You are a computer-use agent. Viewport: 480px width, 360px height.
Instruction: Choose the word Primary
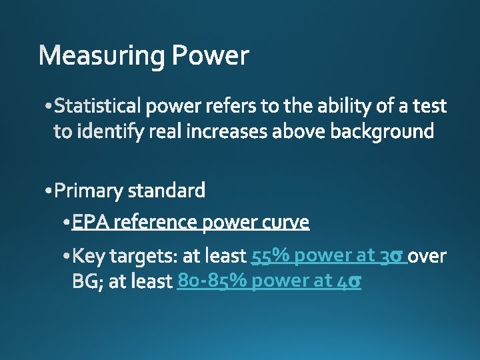click(x=89, y=192)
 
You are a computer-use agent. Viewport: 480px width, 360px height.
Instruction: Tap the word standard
click(x=166, y=192)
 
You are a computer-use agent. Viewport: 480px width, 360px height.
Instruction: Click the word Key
click(x=88, y=256)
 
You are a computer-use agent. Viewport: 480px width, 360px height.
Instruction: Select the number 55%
click(x=270, y=256)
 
